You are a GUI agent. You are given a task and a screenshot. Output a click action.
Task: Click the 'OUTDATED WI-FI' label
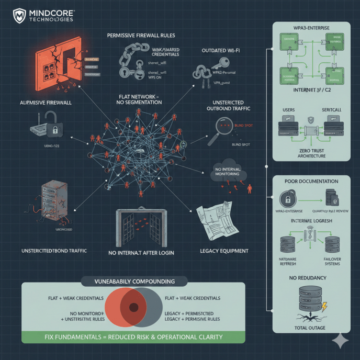click(x=221, y=50)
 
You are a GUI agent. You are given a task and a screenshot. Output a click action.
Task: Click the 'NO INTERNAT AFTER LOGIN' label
click(x=140, y=253)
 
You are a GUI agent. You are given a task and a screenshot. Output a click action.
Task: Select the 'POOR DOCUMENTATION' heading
click(x=311, y=181)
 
